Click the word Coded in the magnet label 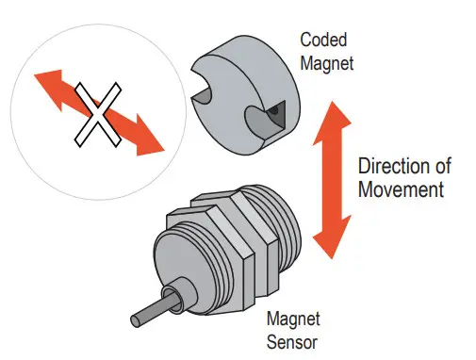point(323,41)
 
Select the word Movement point(400,189)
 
